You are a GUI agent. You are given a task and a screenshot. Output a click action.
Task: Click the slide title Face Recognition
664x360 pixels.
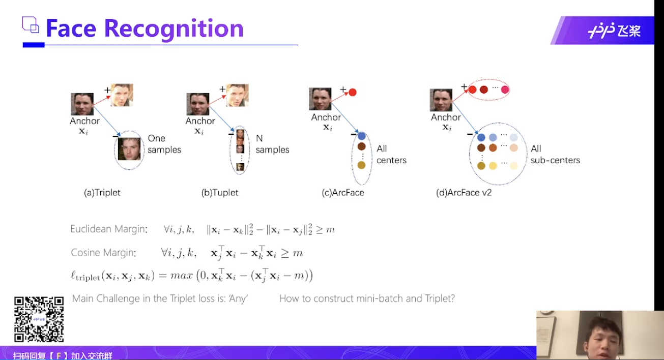(145, 28)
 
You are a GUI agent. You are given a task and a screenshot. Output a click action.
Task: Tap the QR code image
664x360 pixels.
(39, 319)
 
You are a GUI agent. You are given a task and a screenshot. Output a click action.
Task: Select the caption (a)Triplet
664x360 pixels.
(102, 193)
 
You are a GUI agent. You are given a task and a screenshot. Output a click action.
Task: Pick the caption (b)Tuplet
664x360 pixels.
(220, 193)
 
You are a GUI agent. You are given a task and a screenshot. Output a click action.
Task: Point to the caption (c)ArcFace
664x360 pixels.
(343, 193)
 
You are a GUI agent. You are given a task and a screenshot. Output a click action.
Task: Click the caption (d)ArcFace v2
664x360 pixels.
(464, 193)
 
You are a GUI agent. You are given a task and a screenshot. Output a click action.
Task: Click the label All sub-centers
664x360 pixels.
(555, 155)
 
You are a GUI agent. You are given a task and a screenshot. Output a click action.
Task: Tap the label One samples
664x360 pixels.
(164, 144)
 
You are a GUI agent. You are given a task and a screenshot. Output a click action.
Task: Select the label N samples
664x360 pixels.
(272, 144)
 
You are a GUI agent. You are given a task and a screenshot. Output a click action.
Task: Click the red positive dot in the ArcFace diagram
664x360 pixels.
(353, 93)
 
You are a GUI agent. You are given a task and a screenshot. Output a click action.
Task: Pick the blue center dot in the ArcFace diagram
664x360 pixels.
(362, 136)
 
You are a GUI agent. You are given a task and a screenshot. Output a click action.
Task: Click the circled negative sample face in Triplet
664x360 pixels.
(129, 148)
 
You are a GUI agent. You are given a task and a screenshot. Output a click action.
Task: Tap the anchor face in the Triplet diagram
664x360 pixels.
(82, 104)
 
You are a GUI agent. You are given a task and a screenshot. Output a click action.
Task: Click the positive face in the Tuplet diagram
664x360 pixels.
(237, 95)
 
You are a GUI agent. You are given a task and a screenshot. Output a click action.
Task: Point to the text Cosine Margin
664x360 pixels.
(103, 253)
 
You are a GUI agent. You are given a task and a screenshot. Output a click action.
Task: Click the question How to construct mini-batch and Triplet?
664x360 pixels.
(367, 298)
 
